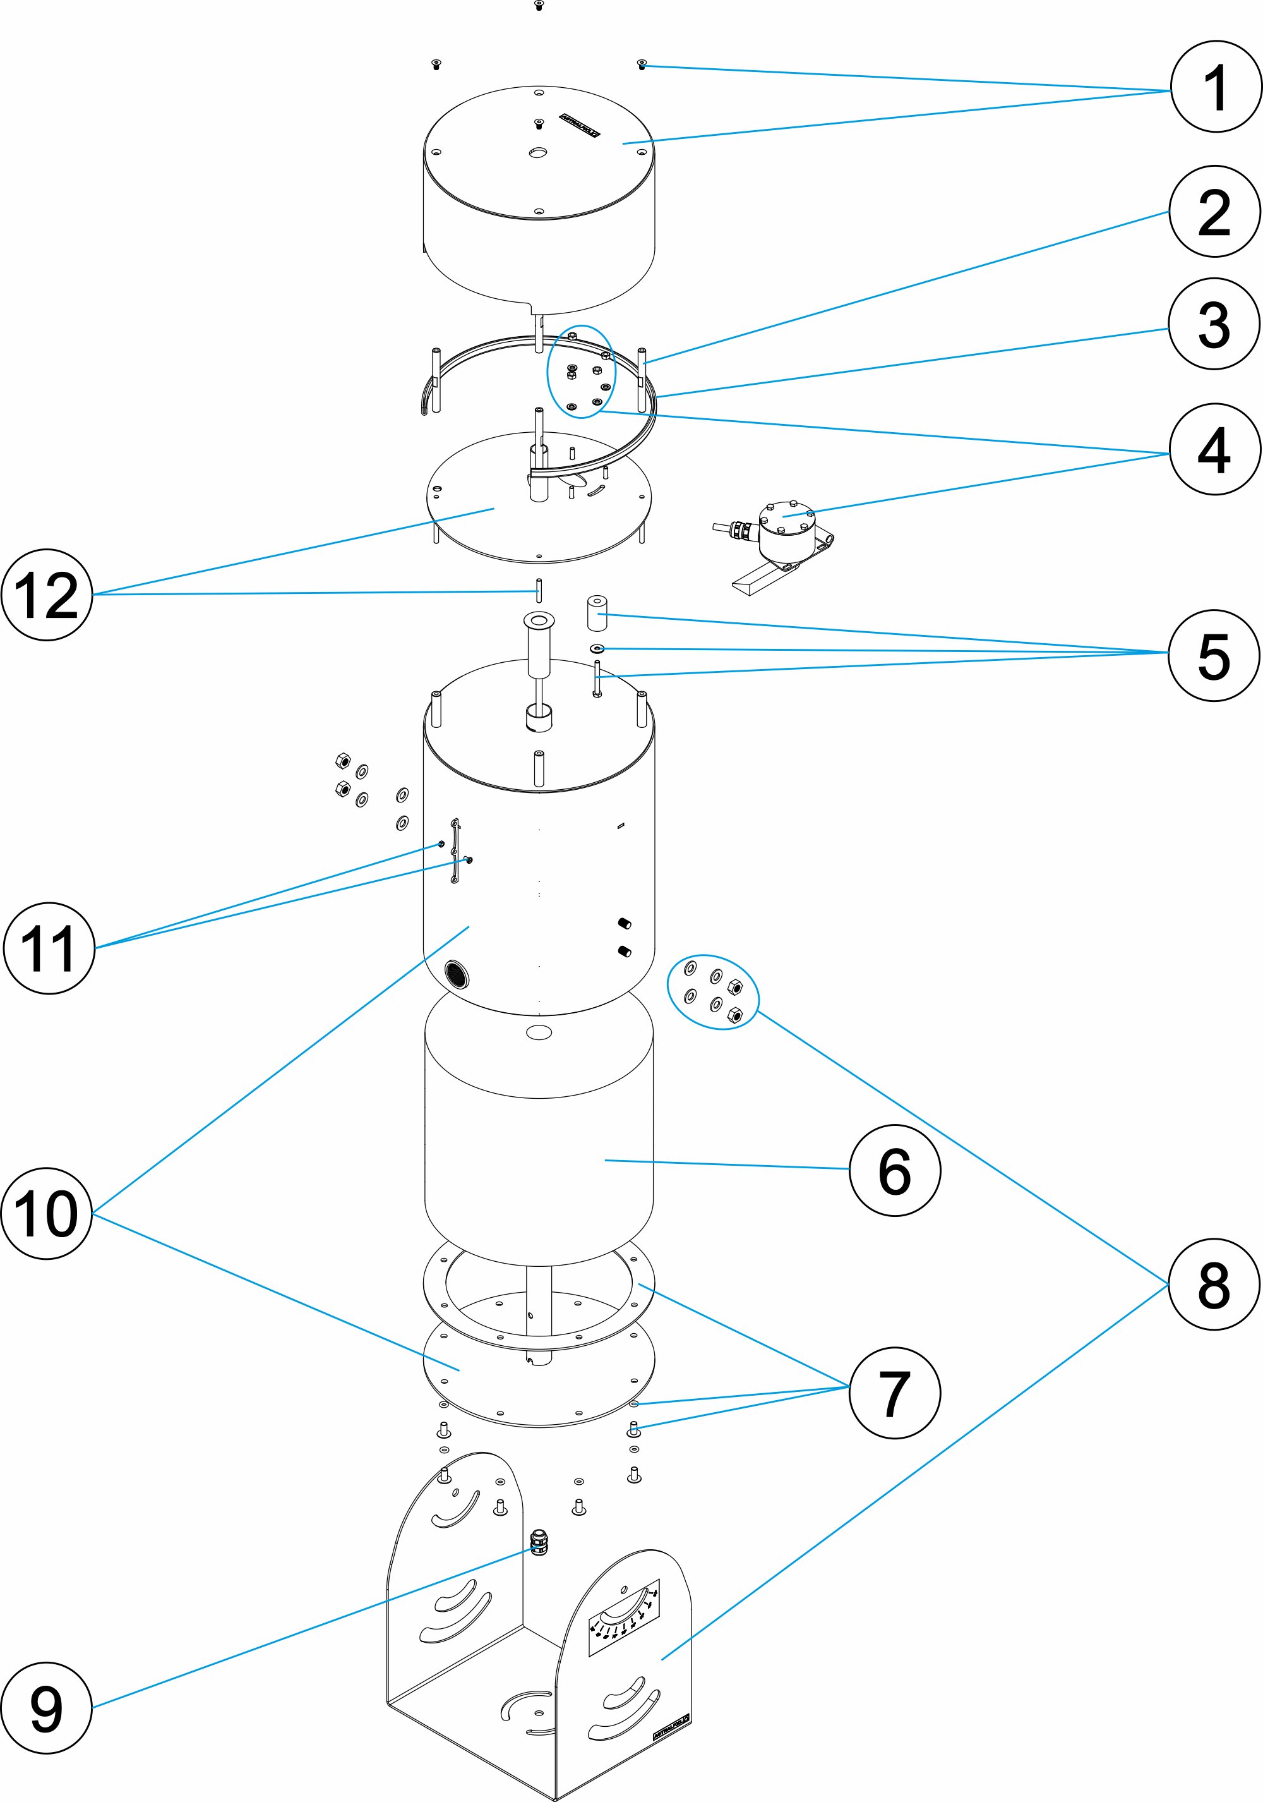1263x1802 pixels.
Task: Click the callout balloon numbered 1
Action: click(x=1216, y=87)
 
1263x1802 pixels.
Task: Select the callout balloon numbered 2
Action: click(x=1214, y=212)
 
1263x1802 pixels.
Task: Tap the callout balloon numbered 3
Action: click(x=1214, y=324)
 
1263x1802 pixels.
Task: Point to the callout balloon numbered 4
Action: click(x=1214, y=450)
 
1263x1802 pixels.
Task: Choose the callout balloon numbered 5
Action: click(x=1214, y=655)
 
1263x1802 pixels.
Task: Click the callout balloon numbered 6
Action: click(x=895, y=1170)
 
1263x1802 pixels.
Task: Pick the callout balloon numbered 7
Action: click(x=895, y=1393)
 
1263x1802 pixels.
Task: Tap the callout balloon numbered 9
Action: click(x=46, y=1708)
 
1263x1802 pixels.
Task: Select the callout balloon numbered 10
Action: click(x=46, y=1213)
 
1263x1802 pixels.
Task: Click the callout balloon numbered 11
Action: click(x=49, y=948)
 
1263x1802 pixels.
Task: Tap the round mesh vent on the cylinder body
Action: click(x=457, y=974)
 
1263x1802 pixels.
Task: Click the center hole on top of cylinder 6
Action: click(x=538, y=1032)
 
